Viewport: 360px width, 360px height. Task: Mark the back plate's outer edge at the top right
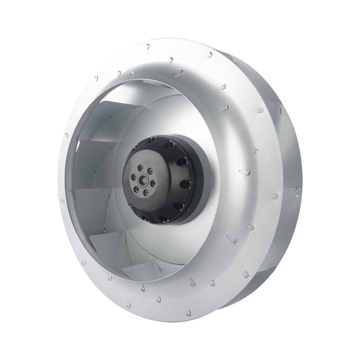point(270,74)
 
